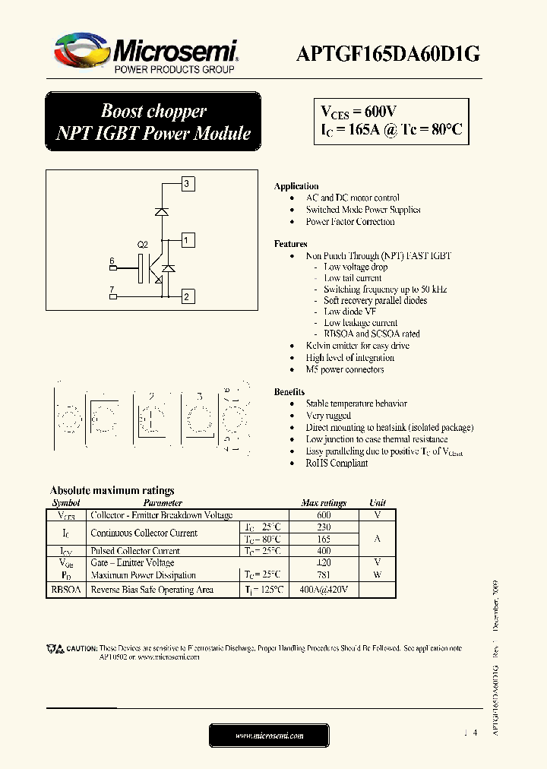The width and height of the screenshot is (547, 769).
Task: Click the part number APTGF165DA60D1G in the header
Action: pos(387,52)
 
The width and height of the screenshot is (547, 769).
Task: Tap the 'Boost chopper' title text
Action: pos(153,111)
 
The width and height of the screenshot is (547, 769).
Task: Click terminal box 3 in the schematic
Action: pos(188,183)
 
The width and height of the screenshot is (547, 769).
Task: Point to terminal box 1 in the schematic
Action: pos(188,241)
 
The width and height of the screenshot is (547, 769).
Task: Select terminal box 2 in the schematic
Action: pos(188,297)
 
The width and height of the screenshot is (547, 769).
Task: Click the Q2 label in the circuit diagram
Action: pos(142,245)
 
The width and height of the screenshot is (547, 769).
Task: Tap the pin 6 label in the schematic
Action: pos(112,261)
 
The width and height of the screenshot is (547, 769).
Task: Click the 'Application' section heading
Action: pos(296,186)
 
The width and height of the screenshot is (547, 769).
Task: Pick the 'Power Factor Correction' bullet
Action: pos(350,222)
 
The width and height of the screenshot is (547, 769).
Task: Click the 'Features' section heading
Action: pos(291,244)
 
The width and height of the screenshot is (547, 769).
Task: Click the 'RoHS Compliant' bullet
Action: pos(337,463)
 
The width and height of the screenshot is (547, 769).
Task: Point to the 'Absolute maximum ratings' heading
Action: pos(112,491)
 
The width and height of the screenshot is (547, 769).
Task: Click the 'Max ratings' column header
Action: pos(324,503)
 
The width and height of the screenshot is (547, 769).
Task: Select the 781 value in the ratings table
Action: pos(324,575)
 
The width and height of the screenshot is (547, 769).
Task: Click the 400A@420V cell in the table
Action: pos(324,590)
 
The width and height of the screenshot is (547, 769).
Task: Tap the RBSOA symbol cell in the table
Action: pos(65,590)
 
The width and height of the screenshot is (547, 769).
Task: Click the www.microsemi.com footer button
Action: pos(270,736)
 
